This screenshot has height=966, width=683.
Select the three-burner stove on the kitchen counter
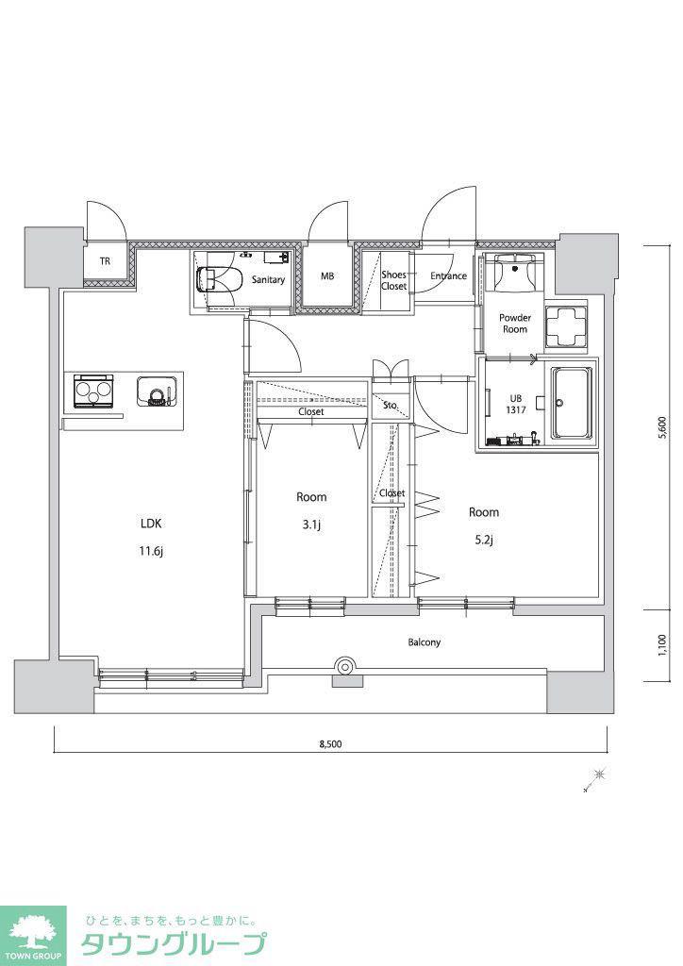[x=94, y=391]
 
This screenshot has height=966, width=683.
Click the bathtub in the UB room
[x=571, y=404]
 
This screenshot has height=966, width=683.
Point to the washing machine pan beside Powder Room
[x=566, y=325]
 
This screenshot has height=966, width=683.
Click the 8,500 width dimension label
[x=330, y=743]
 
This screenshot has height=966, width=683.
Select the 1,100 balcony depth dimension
[x=662, y=645]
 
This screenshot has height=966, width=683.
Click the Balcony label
[x=425, y=641]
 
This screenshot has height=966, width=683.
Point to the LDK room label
[x=151, y=524]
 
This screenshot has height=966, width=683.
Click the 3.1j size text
[x=311, y=525]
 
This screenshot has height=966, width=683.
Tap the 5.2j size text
[x=483, y=541]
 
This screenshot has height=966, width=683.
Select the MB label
[x=327, y=276]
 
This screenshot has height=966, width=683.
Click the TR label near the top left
[x=106, y=261]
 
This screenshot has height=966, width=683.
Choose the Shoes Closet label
[x=393, y=280]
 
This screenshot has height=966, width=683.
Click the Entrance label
[x=448, y=276]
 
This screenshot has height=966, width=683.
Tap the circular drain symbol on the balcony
[x=345, y=666]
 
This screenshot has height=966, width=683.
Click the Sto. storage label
[x=390, y=406]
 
